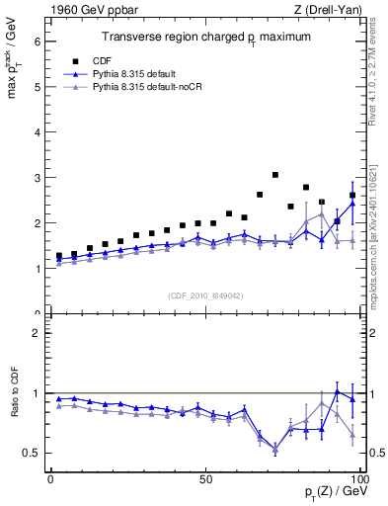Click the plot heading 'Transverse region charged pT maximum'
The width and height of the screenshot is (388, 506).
tap(207, 37)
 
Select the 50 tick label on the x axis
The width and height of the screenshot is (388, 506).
tap(205, 477)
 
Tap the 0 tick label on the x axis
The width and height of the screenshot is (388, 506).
tap(50, 477)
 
